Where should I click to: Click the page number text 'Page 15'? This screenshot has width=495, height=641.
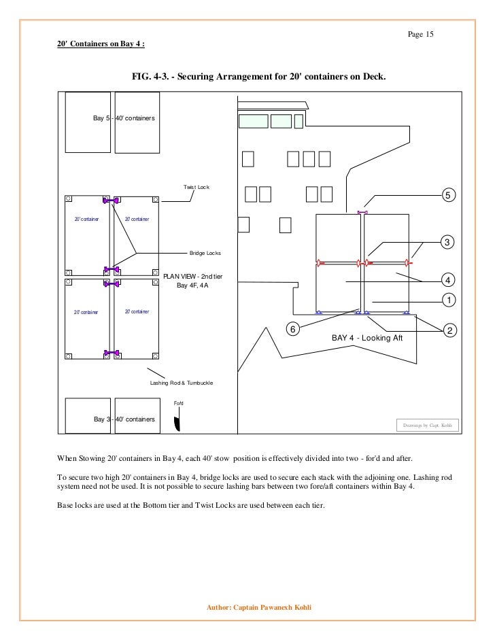(x=420, y=35)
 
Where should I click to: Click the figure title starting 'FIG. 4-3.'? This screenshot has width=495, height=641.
(x=259, y=77)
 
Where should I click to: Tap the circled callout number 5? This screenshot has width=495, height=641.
(x=447, y=196)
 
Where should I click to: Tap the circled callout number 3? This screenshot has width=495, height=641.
(x=447, y=243)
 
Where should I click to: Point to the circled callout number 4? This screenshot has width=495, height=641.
(x=447, y=280)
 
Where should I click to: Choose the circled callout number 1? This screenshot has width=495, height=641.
(x=447, y=300)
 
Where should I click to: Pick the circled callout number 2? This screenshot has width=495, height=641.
(x=448, y=330)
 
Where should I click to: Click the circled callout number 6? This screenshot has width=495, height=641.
(x=292, y=329)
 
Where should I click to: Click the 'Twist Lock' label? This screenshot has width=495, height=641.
(x=197, y=187)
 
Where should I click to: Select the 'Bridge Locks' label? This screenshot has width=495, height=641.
(x=205, y=253)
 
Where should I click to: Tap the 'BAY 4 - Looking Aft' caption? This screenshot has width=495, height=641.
(x=367, y=338)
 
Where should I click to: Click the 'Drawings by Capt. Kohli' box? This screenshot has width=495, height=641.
(x=427, y=426)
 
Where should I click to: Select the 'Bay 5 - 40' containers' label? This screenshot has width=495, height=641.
(x=124, y=118)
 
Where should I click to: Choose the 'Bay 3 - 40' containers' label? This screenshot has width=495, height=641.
(x=124, y=419)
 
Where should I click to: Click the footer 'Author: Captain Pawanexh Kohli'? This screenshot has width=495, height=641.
(x=258, y=607)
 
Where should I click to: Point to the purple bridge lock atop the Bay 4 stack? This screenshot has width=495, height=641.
(x=362, y=213)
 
